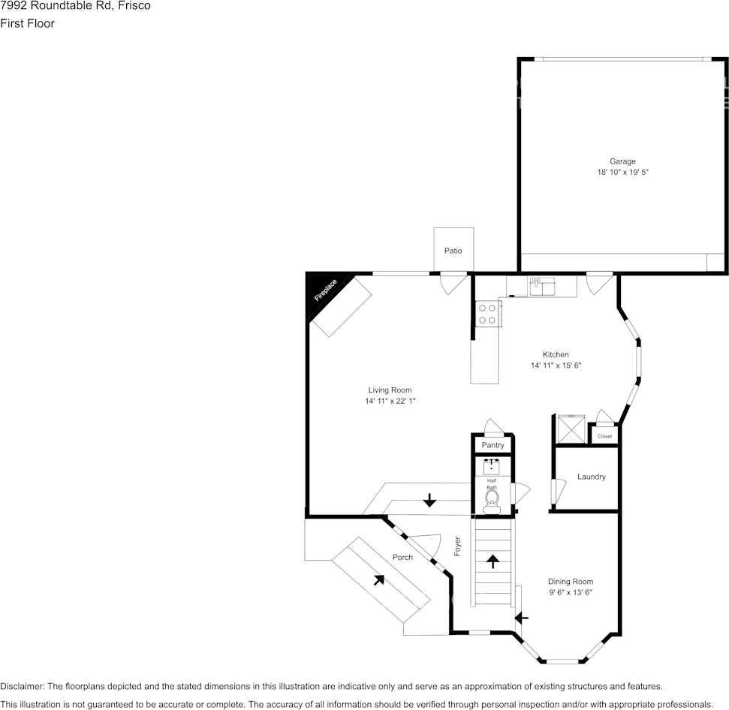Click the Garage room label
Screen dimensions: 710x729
coord(622,161)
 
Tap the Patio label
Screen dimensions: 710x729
coord(453,251)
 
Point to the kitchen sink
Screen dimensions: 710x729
coord(541,286)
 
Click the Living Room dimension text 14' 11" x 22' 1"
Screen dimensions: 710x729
coord(390,402)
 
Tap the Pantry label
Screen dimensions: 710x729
coord(493,446)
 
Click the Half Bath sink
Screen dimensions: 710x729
coord(492,466)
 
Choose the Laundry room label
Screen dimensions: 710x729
coord(591,477)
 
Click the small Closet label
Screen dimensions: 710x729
coord(604,436)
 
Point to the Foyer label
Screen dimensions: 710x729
coord(457,546)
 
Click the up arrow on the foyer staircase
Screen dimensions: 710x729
coord(493,561)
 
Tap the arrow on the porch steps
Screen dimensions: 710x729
coord(379,579)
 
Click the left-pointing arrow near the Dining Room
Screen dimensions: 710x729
coord(521,618)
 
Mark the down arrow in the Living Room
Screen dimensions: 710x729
coord(429,500)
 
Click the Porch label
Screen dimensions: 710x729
coord(402,558)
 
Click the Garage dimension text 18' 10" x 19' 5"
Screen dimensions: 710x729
coord(622,173)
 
